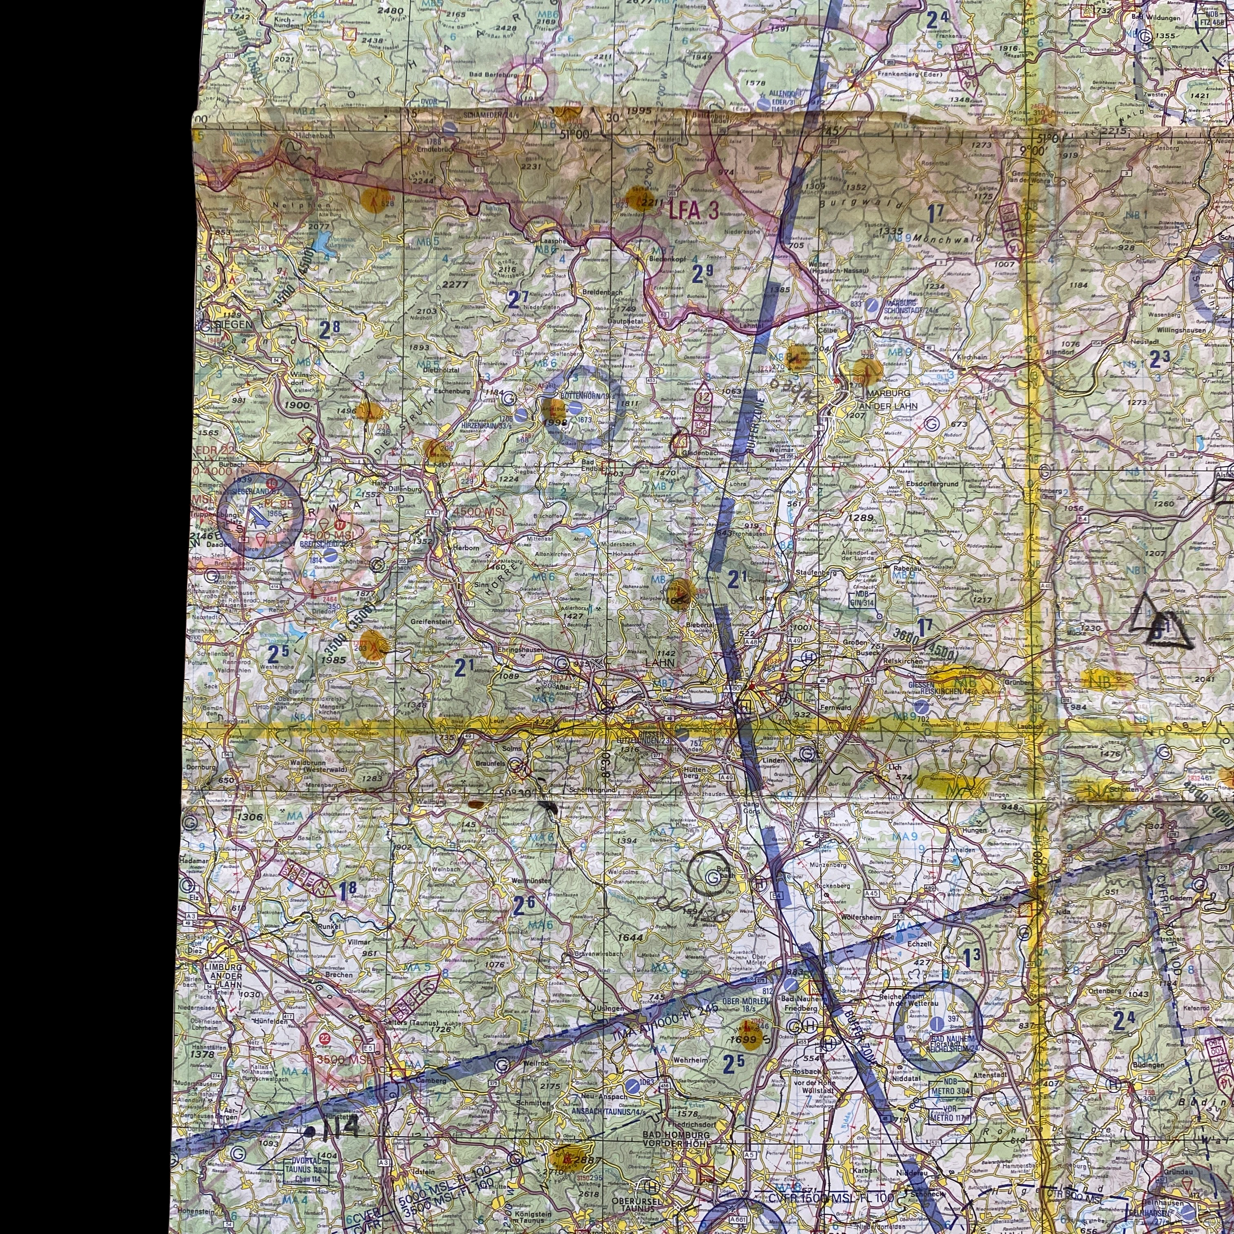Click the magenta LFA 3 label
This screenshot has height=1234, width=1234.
pyautogui.click(x=694, y=210)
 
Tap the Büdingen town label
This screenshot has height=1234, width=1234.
pyautogui.click(x=1147, y=1065)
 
